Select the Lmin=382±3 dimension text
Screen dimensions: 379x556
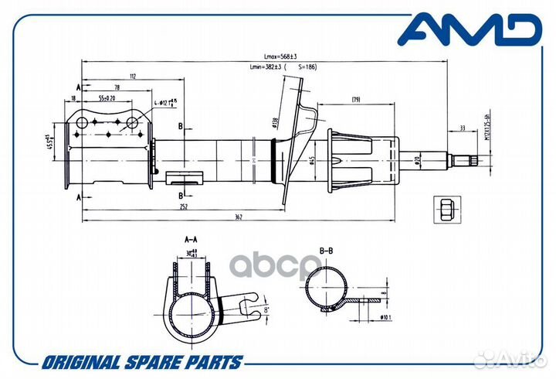(265, 67)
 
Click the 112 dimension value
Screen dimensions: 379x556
(132, 77)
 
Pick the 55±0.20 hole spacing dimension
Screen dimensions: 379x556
(107, 99)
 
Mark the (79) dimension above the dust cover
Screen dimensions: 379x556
(357, 99)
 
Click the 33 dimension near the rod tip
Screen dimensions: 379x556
(462, 128)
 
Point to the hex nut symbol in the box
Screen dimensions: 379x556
(446, 209)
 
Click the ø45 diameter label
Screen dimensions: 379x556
(311, 160)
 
